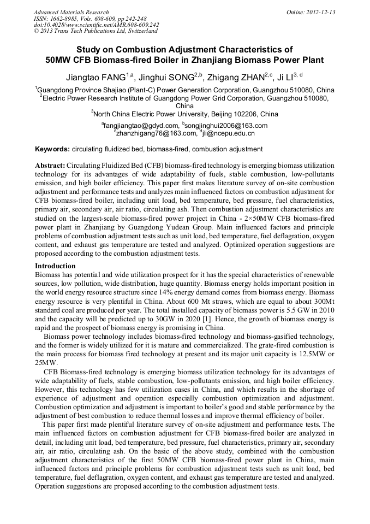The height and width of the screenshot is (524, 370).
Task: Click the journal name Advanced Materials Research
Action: [x=71, y=12]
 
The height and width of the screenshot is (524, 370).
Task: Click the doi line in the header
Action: [x=96, y=25]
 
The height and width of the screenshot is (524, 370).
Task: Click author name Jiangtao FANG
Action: [x=96, y=76]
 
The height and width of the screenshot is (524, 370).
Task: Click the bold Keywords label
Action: [x=52, y=149]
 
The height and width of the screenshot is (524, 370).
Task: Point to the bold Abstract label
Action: [x=50, y=165]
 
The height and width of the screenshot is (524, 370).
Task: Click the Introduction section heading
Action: [x=55, y=266]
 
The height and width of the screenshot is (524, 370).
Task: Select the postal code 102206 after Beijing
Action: [x=244, y=114]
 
